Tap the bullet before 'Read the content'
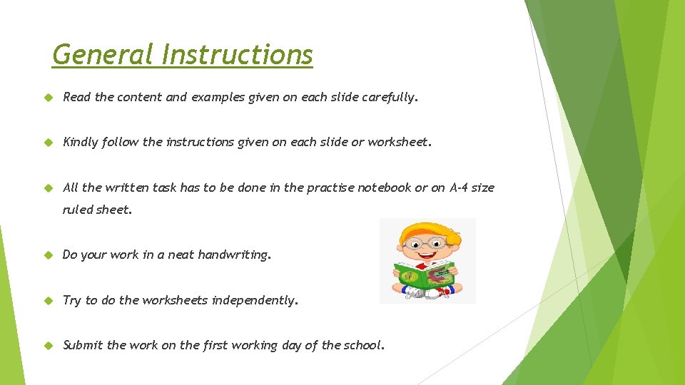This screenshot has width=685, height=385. pyautogui.click(x=48, y=98)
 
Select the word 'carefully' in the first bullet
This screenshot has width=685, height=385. pyautogui.click(x=388, y=98)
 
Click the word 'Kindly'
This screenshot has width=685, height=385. pyautogui.click(x=81, y=142)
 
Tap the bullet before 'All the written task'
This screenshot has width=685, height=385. pyautogui.click(x=48, y=188)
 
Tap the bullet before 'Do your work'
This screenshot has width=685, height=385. pyautogui.click(x=48, y=255)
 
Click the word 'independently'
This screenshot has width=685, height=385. pyautogui.click(x=254, y=300)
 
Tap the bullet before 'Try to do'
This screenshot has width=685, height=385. pyautogui.click(x=48, y=300)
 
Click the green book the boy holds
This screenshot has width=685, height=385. pyautogui.click(x=426, y=274)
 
